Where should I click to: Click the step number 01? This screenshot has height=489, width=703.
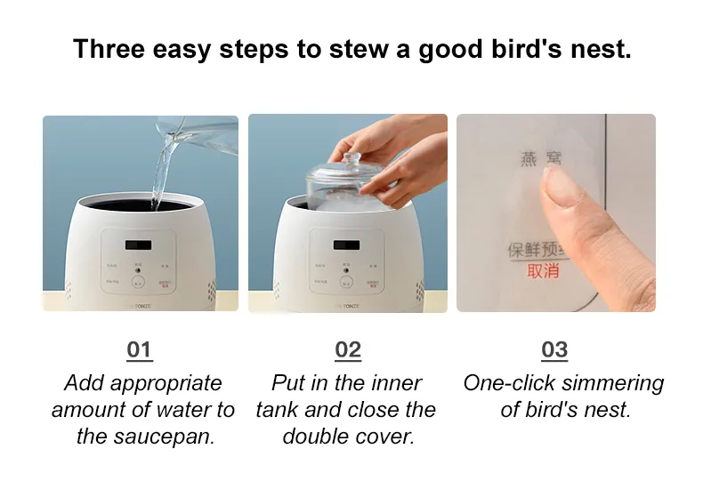[140, 349]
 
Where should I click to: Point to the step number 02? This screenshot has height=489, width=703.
[348, 349]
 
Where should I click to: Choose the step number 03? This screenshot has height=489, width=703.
[554, 349]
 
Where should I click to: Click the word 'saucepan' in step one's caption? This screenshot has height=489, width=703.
[169, 437]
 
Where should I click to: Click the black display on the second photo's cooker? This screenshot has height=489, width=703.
[346, 244]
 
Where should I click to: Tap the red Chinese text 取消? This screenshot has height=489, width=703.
[543, 271]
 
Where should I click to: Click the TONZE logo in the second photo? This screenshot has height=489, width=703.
[348, 304]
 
